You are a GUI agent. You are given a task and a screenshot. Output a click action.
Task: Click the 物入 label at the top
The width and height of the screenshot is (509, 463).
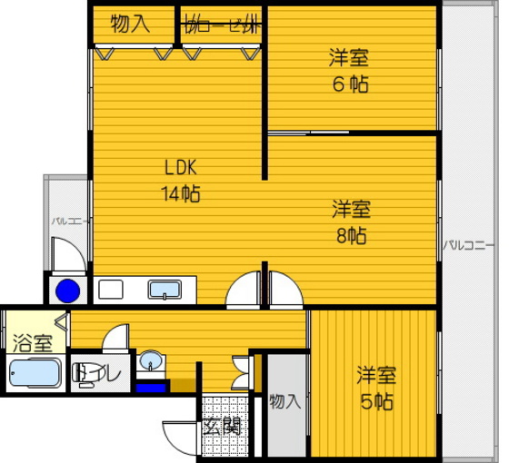coord(130,25)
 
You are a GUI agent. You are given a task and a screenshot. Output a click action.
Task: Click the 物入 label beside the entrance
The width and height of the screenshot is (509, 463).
coord(285,400)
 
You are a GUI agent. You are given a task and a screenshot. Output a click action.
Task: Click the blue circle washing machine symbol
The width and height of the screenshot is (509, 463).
coord(66,292)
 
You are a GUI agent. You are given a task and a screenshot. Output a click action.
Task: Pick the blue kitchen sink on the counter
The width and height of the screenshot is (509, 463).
coord(165,291)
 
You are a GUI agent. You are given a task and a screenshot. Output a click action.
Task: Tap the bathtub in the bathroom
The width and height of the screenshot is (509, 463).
coord(34,374)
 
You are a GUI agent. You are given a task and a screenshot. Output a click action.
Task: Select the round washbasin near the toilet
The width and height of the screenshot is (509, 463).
coord(151,362)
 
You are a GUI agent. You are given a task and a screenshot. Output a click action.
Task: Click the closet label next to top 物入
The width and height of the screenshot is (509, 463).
coord(221,25)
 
